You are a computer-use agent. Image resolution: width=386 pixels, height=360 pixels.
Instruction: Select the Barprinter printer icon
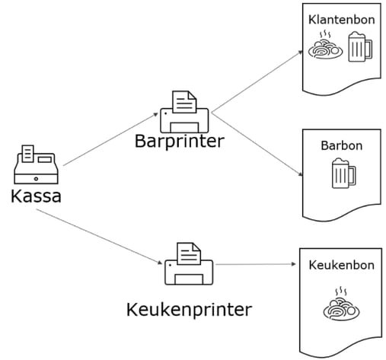click(x=186, y=112)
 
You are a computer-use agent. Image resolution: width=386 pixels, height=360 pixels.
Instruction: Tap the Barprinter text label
click(x=179, y=142)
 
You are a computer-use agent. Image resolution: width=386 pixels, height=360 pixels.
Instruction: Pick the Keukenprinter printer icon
click(x=189, y=264)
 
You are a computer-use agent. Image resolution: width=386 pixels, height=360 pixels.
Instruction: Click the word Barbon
click(x=341, y=146)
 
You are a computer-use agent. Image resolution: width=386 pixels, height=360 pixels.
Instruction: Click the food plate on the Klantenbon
click(x=325, y=49)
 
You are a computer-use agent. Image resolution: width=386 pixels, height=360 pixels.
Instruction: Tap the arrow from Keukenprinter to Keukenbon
click(x=255, y=265)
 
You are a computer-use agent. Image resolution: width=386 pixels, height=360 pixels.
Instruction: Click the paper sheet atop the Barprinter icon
click(x=183, y=99)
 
